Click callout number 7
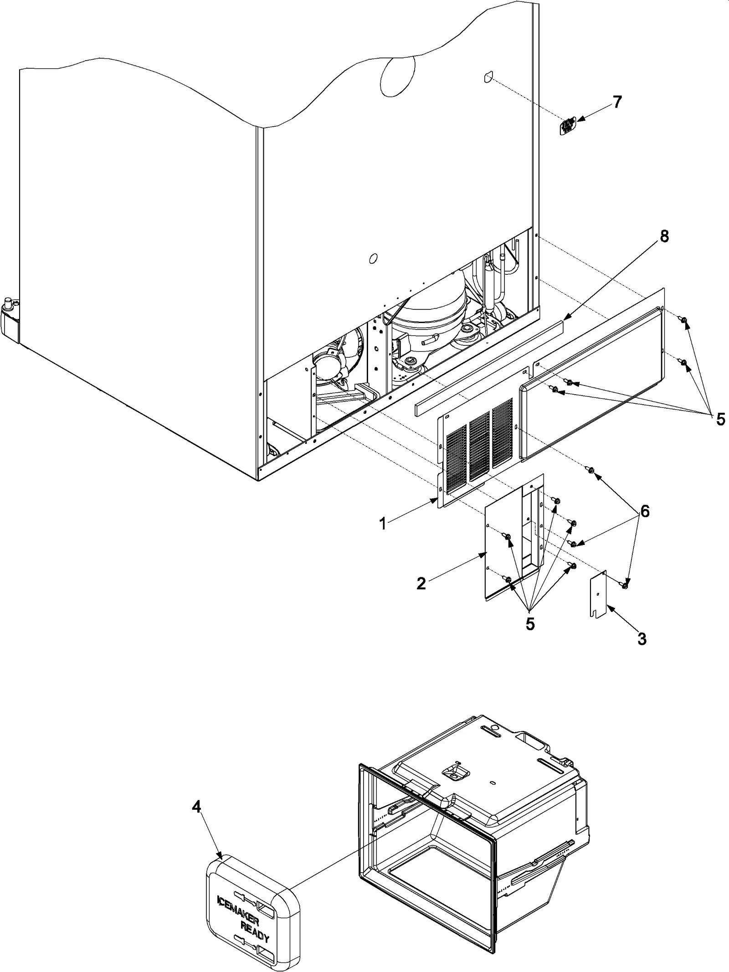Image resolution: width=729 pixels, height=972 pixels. (617, 102)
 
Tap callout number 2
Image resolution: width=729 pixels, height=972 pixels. (421, 583)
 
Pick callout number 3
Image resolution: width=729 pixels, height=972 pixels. (642, 639)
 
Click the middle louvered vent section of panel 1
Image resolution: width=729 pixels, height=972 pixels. (478, 448)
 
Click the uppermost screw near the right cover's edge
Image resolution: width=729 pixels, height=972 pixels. (683, 322)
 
